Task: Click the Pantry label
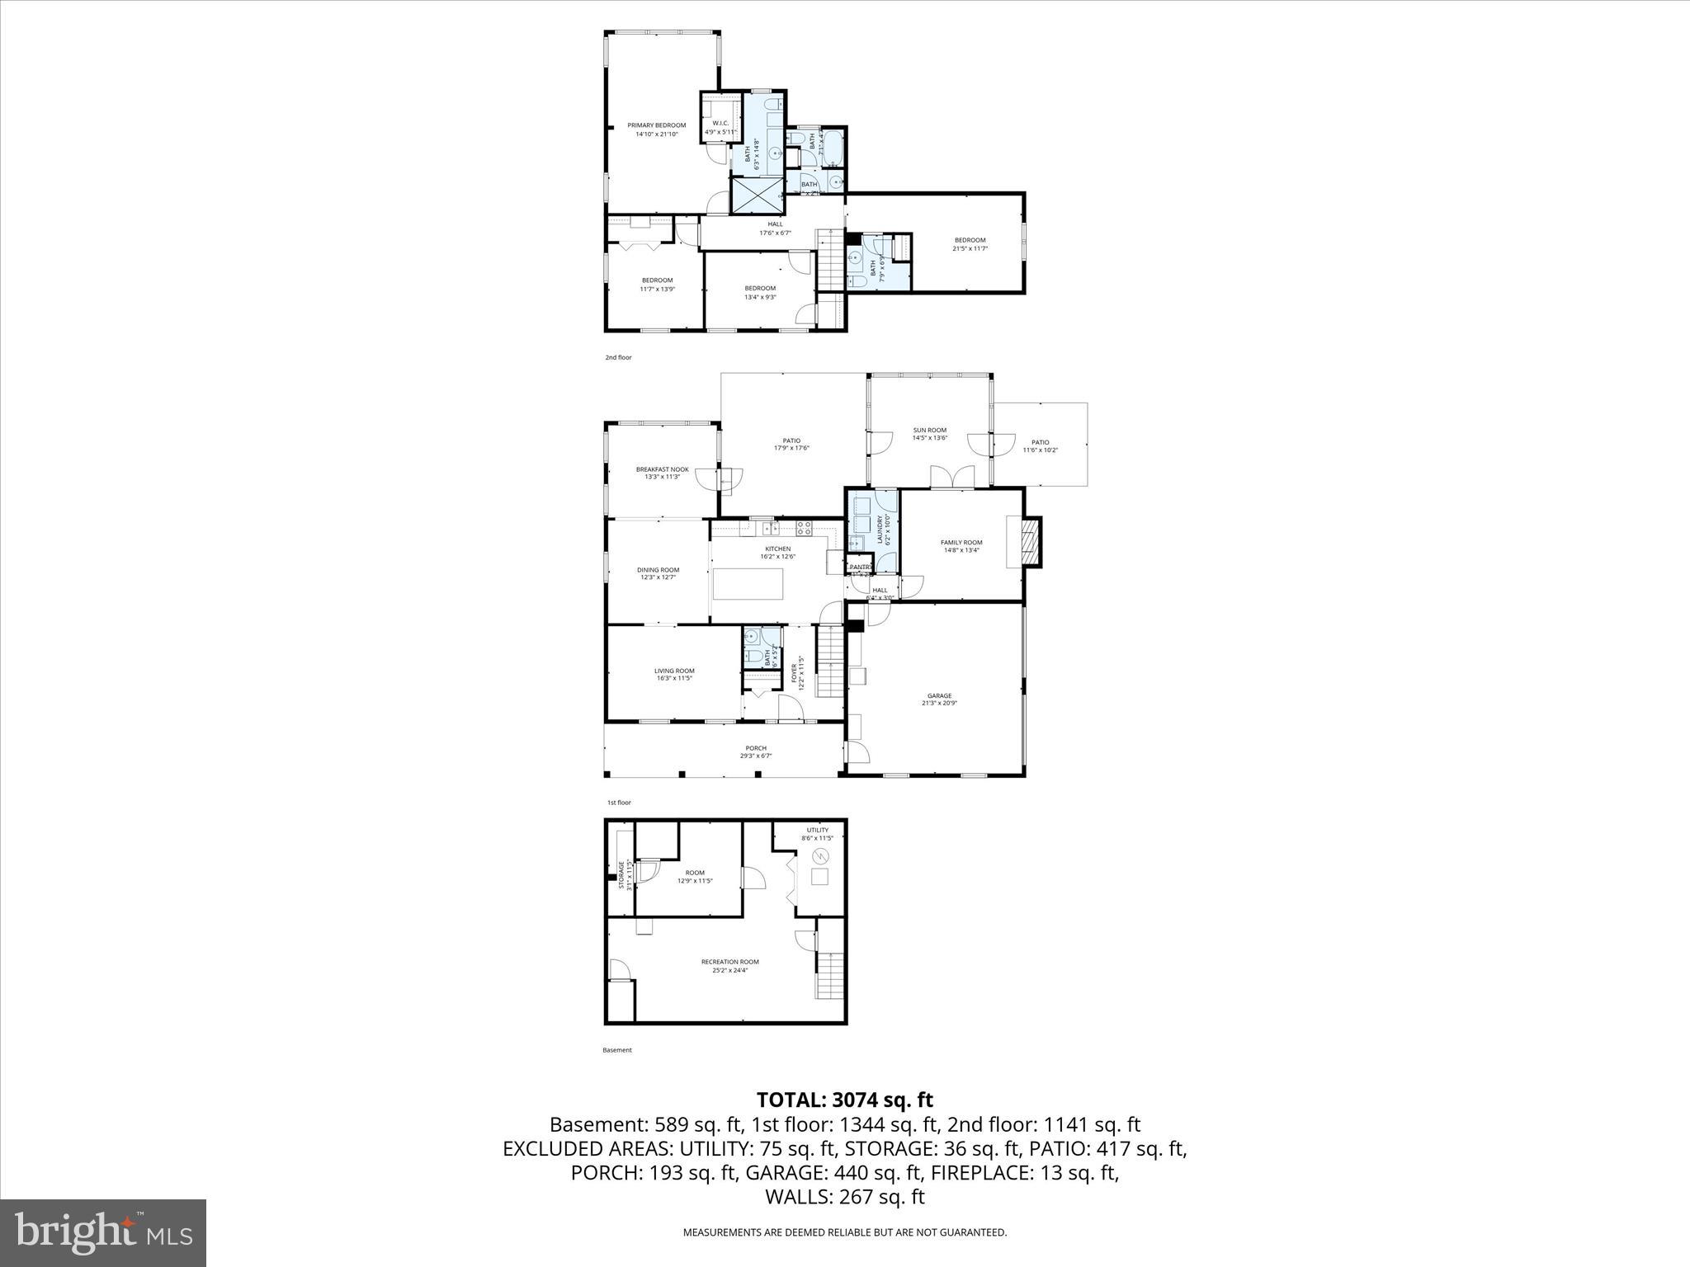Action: [860, 567]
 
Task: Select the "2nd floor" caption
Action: [618, 357]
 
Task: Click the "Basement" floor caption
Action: [616, 1050]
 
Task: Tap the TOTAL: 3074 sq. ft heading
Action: [844, 1100]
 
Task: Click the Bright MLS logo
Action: [103, 1233]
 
